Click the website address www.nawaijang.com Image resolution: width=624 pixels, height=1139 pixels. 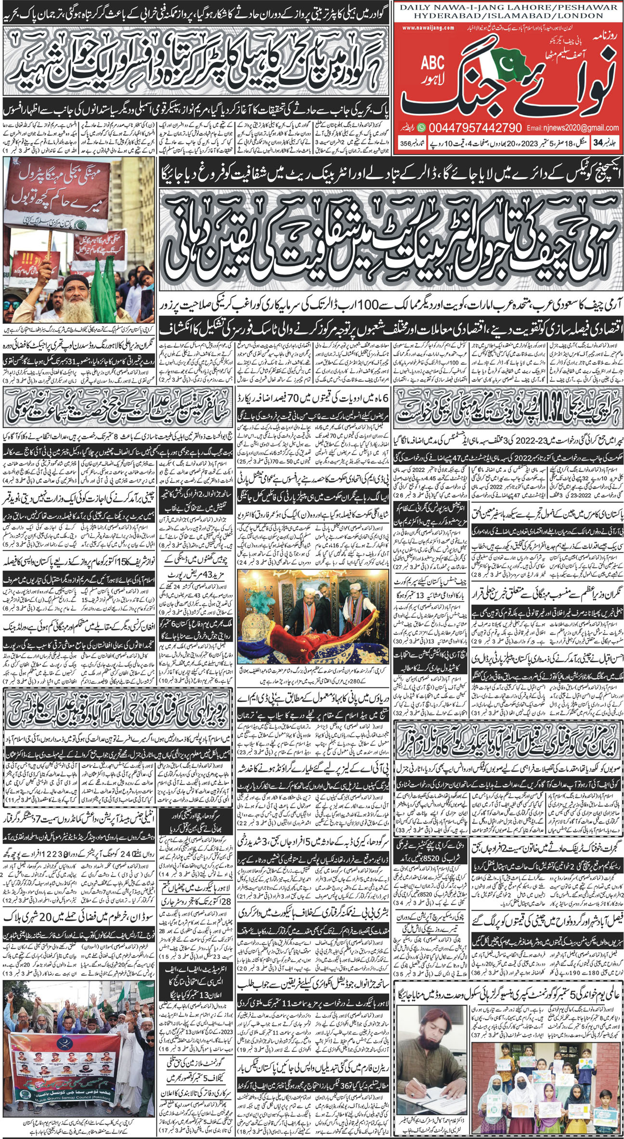coord(428,27)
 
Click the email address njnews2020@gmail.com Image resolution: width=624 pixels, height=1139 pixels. coord(572,128)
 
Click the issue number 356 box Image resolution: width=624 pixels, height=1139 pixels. coord(409,144)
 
